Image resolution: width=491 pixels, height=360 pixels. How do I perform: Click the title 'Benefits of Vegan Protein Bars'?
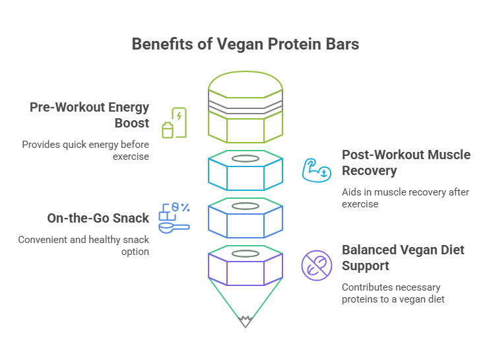(245, 44)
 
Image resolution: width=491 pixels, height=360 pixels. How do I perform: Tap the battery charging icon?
(174, 123)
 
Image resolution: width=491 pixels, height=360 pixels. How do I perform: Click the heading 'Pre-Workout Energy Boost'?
(89, 115)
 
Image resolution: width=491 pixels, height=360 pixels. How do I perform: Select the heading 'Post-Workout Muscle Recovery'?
(406, 162)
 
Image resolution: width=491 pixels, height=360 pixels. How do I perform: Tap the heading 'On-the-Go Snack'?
(98, 218)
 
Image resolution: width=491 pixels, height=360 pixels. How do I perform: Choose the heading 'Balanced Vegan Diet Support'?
(403, 258)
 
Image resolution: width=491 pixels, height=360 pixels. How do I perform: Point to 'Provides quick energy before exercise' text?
(86, 151)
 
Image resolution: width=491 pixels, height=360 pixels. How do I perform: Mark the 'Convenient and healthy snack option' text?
(83, 245)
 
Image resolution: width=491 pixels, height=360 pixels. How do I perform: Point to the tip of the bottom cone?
(245, 324)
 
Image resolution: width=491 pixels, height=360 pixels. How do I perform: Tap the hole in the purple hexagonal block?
(245, 253)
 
